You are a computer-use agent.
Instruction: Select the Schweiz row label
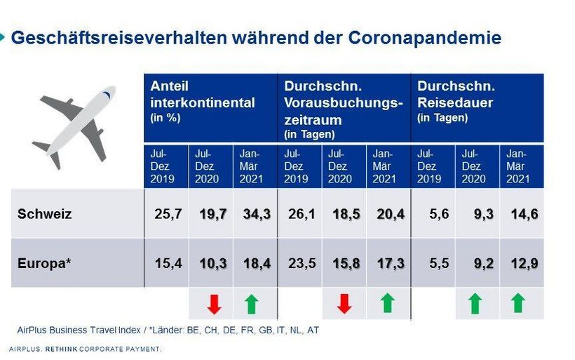(x=44, y=214)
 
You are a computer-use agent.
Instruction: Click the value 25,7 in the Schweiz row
(x=168, y=214)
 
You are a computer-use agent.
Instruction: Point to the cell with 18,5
(x=344, y=214)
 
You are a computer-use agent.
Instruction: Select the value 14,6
(x=523, y=214)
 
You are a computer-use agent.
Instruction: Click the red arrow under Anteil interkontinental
(x=214, y=304)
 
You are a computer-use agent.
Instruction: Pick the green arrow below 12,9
(x=518, y=303)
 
